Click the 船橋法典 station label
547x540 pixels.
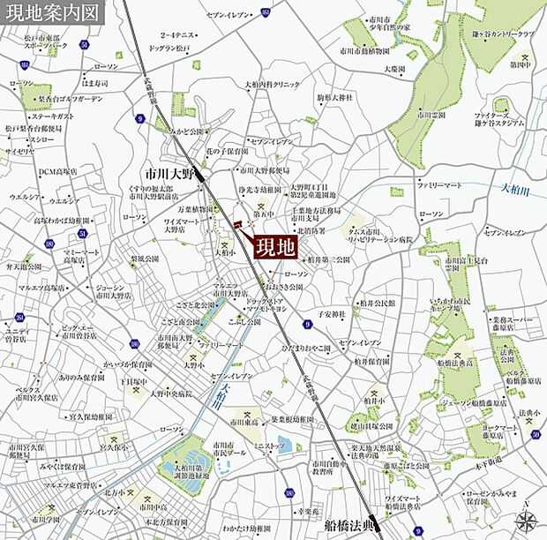pyautogui.click(x=350, y=526)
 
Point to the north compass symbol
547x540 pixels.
pyautogui.click(x=526, y=520)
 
